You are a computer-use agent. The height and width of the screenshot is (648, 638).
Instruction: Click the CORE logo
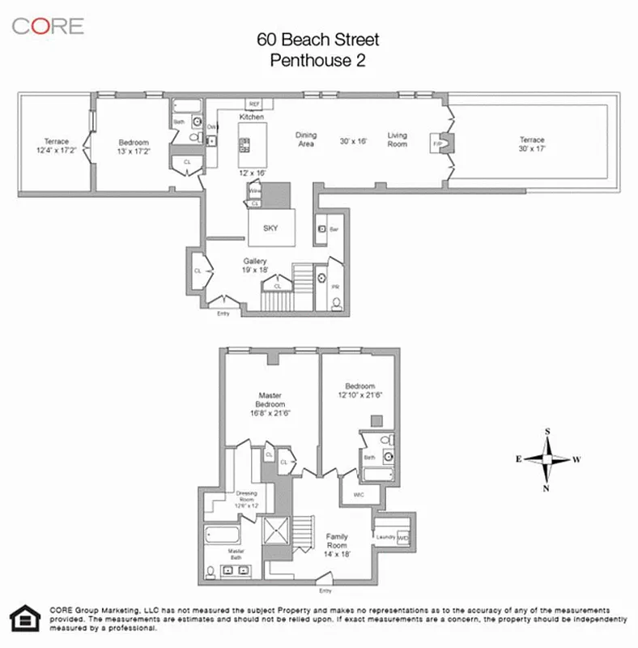pyautogui.click(x=47, y=25)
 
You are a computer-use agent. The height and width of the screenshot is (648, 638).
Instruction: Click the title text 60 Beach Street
pyautogui.click(x=318, y=40)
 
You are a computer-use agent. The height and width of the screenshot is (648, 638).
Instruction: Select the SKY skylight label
pyautogui.click(x=270, y=228)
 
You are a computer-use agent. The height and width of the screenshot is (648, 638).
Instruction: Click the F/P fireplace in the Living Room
pyautogui.click(x=438, y=143)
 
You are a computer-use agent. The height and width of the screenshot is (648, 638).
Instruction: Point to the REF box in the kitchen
pyautogui.click(x=253, y=104)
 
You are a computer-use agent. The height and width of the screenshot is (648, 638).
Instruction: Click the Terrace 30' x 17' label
pyautogui.click(x=532, y=143)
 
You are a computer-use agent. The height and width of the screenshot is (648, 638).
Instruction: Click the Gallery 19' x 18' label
pyautogui.click(x=256, y=265)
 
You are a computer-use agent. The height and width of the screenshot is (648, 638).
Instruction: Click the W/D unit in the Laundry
pyautogui.click(x=403, y=537)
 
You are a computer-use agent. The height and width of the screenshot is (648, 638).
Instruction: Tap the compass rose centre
pyautogui.click(x=547, y=459)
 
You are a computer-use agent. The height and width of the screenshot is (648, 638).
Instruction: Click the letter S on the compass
pyautogui.click(x=547, y=432)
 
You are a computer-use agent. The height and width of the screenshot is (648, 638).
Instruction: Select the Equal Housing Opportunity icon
pyautogui.click(x=25, y=618)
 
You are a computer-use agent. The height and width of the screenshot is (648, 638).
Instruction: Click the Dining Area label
pyautogui.click(x=305, y=139)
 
